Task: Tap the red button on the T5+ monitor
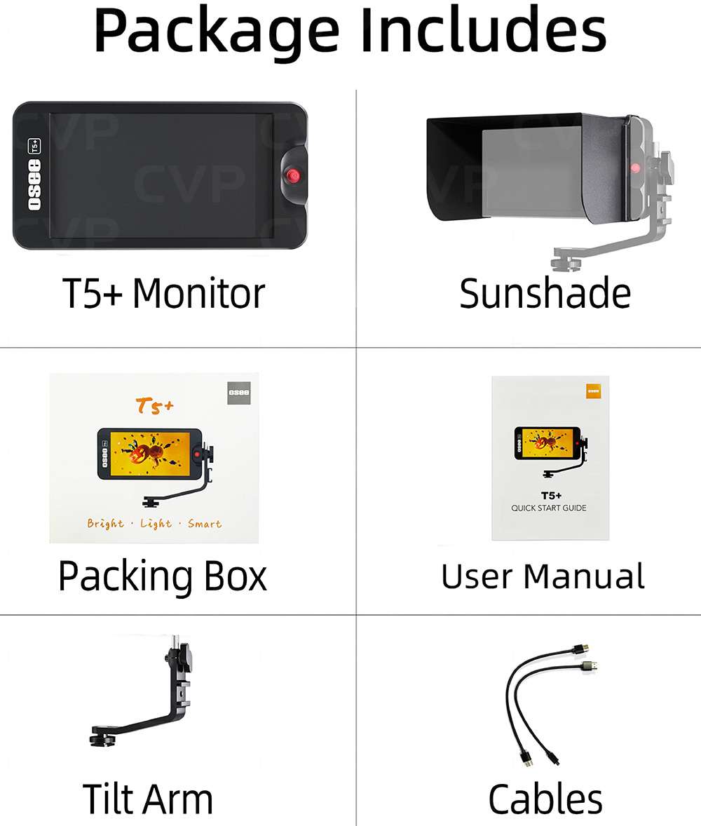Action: [293, 175]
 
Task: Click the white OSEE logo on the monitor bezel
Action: [34, 185]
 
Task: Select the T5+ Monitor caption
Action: [163, 293]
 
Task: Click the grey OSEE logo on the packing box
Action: [238, 393]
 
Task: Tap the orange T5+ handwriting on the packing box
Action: [154, 405]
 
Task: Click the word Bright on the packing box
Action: [105, 524]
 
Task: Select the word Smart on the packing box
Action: [205, 524]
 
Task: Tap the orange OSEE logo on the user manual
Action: [594, 391]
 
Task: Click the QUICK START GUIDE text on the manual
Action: [549, 508]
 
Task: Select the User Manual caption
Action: [543, 576]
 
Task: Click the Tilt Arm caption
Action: [148, 799]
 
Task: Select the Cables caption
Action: [545, 799]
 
